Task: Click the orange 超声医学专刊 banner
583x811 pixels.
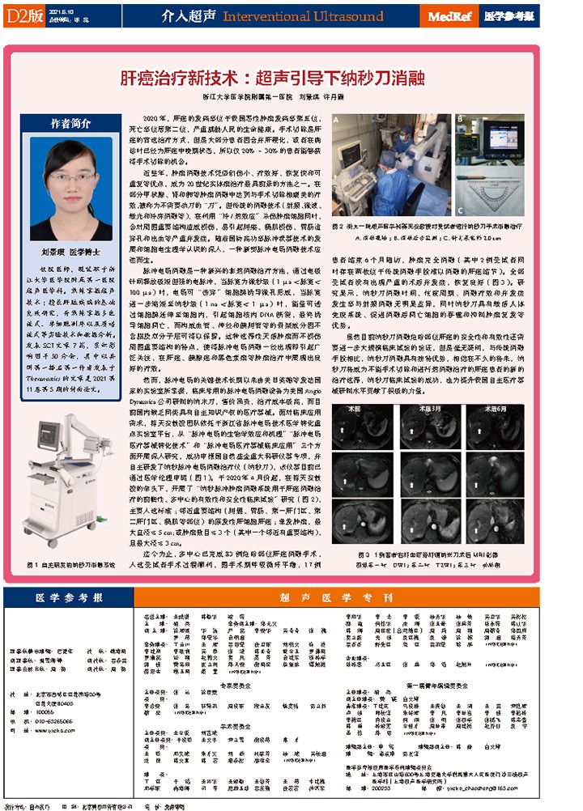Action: pyautogui.click(x=341, y=597)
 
